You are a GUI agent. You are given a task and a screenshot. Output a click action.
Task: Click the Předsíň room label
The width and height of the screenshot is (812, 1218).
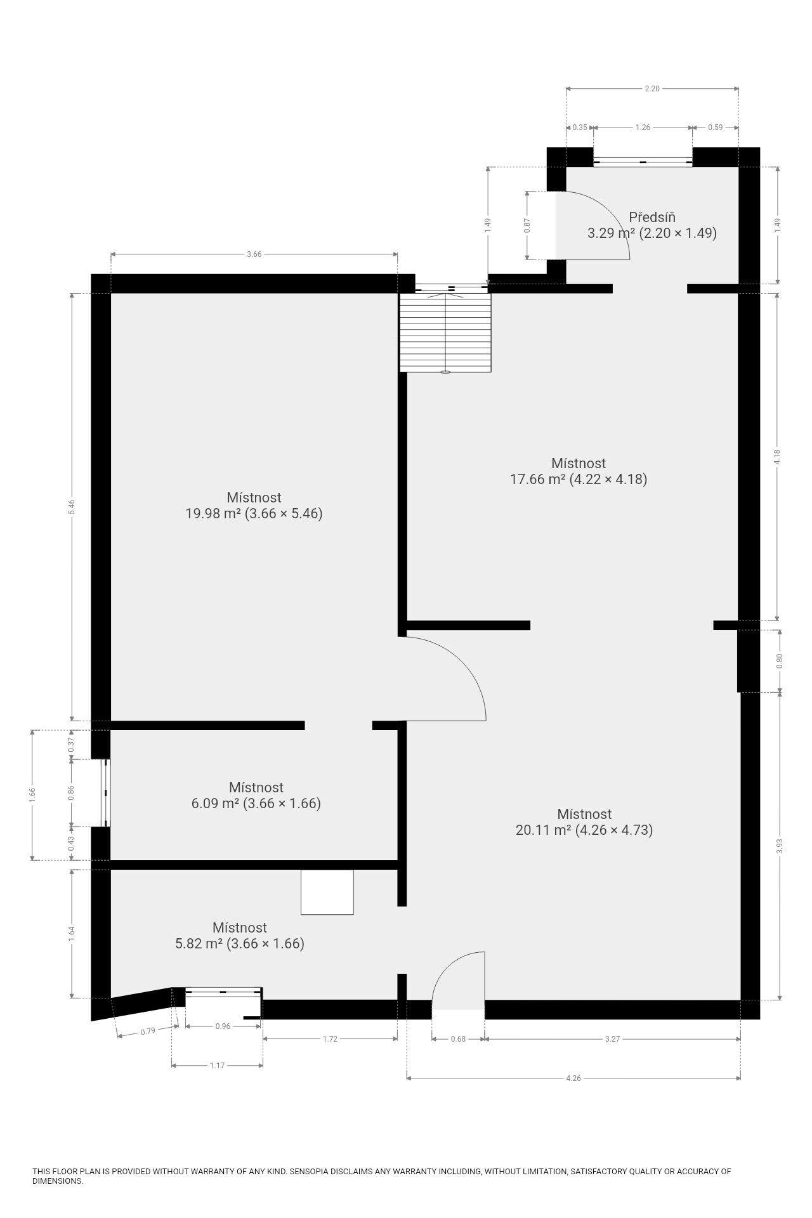[x=652, y=218]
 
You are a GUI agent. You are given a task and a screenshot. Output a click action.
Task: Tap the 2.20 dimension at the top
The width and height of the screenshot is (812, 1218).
[x=652, y=89]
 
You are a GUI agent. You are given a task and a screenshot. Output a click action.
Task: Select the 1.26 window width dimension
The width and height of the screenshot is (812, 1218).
[x=643, y=128]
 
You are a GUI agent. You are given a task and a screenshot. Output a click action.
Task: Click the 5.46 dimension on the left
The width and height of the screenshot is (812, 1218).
[x=72, y=507]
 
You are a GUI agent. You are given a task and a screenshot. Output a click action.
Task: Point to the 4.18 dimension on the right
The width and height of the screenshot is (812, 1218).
[x=778, y=457]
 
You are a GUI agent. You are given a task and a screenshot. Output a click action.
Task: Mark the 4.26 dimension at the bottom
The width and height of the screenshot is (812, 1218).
[x=573, y=1078]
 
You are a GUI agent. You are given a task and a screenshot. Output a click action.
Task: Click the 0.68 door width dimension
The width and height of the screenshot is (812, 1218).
[x=458, y=1039]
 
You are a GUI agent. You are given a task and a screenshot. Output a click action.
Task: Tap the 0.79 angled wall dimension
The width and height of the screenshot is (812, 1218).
[x=147, y=1031]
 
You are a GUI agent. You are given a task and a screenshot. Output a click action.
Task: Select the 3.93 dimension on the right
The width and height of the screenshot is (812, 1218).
[x=780, y=846]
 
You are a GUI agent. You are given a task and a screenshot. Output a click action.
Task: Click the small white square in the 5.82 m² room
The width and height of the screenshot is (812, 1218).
[x=327, y=892]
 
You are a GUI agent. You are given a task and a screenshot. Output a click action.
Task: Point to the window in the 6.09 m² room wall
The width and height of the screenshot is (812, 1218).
[x=107, y=792]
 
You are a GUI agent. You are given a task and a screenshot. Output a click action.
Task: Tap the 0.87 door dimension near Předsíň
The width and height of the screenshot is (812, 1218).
[x=527, y=226]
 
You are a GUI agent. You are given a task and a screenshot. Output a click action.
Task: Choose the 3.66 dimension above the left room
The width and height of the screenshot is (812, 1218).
[x=254, y=254]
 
